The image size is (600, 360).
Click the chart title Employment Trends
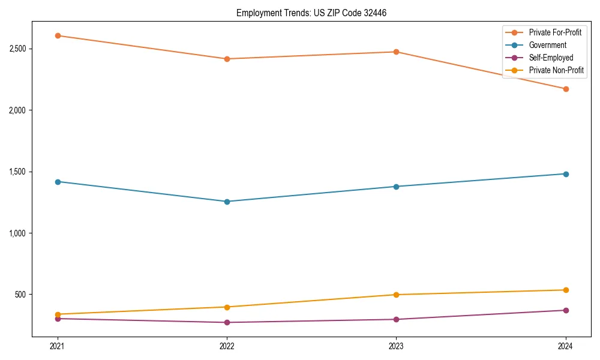[x=316, y=13]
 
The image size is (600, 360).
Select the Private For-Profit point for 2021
[x=58, y=35]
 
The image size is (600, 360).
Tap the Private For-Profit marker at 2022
[x=227, y=59]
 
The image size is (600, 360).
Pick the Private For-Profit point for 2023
[x=396, y=52]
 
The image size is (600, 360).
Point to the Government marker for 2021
[x=58, y=182]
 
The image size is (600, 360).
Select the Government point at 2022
[x=227, y=202]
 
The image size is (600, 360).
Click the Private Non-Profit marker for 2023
[x=396, y=295]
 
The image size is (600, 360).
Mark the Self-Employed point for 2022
[x=227, y=322]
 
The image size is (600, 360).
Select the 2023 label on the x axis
[x=396, y=346]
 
